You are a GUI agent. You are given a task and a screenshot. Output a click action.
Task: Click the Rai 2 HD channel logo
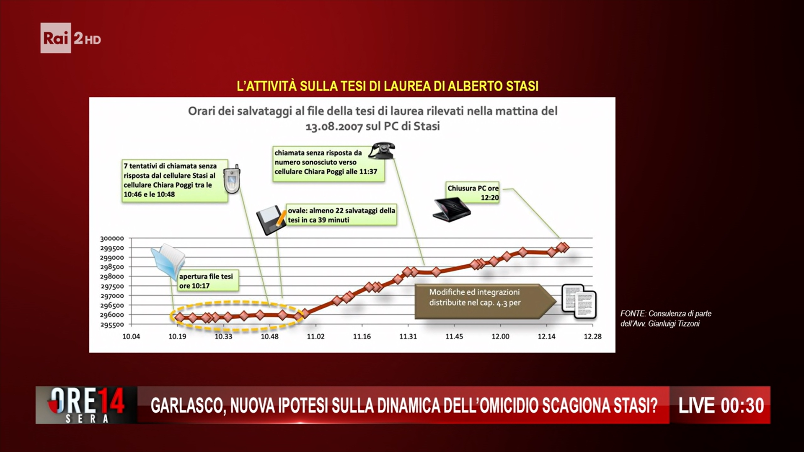[x=71, y=38]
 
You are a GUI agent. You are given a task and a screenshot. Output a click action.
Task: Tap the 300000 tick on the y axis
[x=112, y=238]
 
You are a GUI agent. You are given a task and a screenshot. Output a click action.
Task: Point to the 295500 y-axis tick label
[x=112, y=325]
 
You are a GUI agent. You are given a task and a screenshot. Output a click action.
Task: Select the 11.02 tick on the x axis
[x=315, y=336]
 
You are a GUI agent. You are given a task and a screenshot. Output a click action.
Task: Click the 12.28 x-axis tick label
[x=592, y=336]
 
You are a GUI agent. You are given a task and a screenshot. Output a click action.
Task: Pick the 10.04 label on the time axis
[x=131, y=336]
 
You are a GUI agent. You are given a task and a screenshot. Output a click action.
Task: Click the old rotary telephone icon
[x=382, y=151]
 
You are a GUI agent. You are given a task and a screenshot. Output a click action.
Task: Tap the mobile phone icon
[x=232, y=179]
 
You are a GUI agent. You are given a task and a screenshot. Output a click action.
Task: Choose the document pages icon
[x=579, y=301]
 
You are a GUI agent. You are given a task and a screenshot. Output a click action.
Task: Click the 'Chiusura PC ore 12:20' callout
[x=473, y=193]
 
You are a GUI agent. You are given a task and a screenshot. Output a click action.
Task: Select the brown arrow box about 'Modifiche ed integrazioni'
[x=485, y=302]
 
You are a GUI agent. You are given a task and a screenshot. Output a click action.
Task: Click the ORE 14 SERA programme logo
[x=86, y=405]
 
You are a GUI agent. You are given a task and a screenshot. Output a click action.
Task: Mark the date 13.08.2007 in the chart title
[x=334, y=127]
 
